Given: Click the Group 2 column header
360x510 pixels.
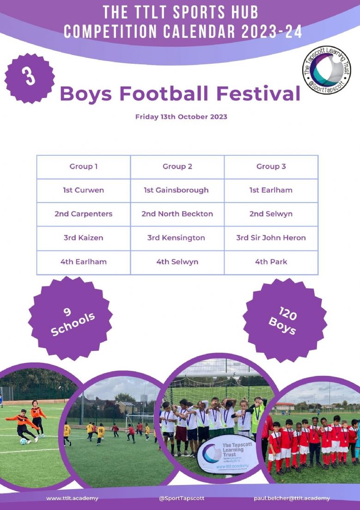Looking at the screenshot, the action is (x=177, y=167).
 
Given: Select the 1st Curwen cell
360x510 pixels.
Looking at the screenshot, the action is (x=84, y=190).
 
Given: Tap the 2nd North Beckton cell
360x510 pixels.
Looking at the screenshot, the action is (x=177, y=215).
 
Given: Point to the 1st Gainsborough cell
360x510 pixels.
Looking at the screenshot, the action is (x=177, y=190).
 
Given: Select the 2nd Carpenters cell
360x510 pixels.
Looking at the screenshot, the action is (x=84, y=215).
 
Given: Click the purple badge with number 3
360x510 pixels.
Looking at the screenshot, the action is (x=30, y=79).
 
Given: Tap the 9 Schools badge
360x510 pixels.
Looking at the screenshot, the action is (x=71, y=319).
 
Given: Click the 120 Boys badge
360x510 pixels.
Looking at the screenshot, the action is (x=285, y=320).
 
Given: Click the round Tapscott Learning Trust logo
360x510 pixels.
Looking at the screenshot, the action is (x=327, y=70).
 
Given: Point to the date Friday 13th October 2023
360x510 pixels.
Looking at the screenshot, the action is (x=181, y=117).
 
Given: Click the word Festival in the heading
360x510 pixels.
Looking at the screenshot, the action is (x=258, y=93).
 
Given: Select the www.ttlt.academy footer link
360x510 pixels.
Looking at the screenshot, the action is (x=72, y=498).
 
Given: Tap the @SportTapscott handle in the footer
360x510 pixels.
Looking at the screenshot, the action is (x=182, y=498).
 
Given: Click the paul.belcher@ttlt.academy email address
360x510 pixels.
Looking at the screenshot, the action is (x=292, y=498).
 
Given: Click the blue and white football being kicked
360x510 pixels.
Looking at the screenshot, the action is (x=24, y=442).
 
